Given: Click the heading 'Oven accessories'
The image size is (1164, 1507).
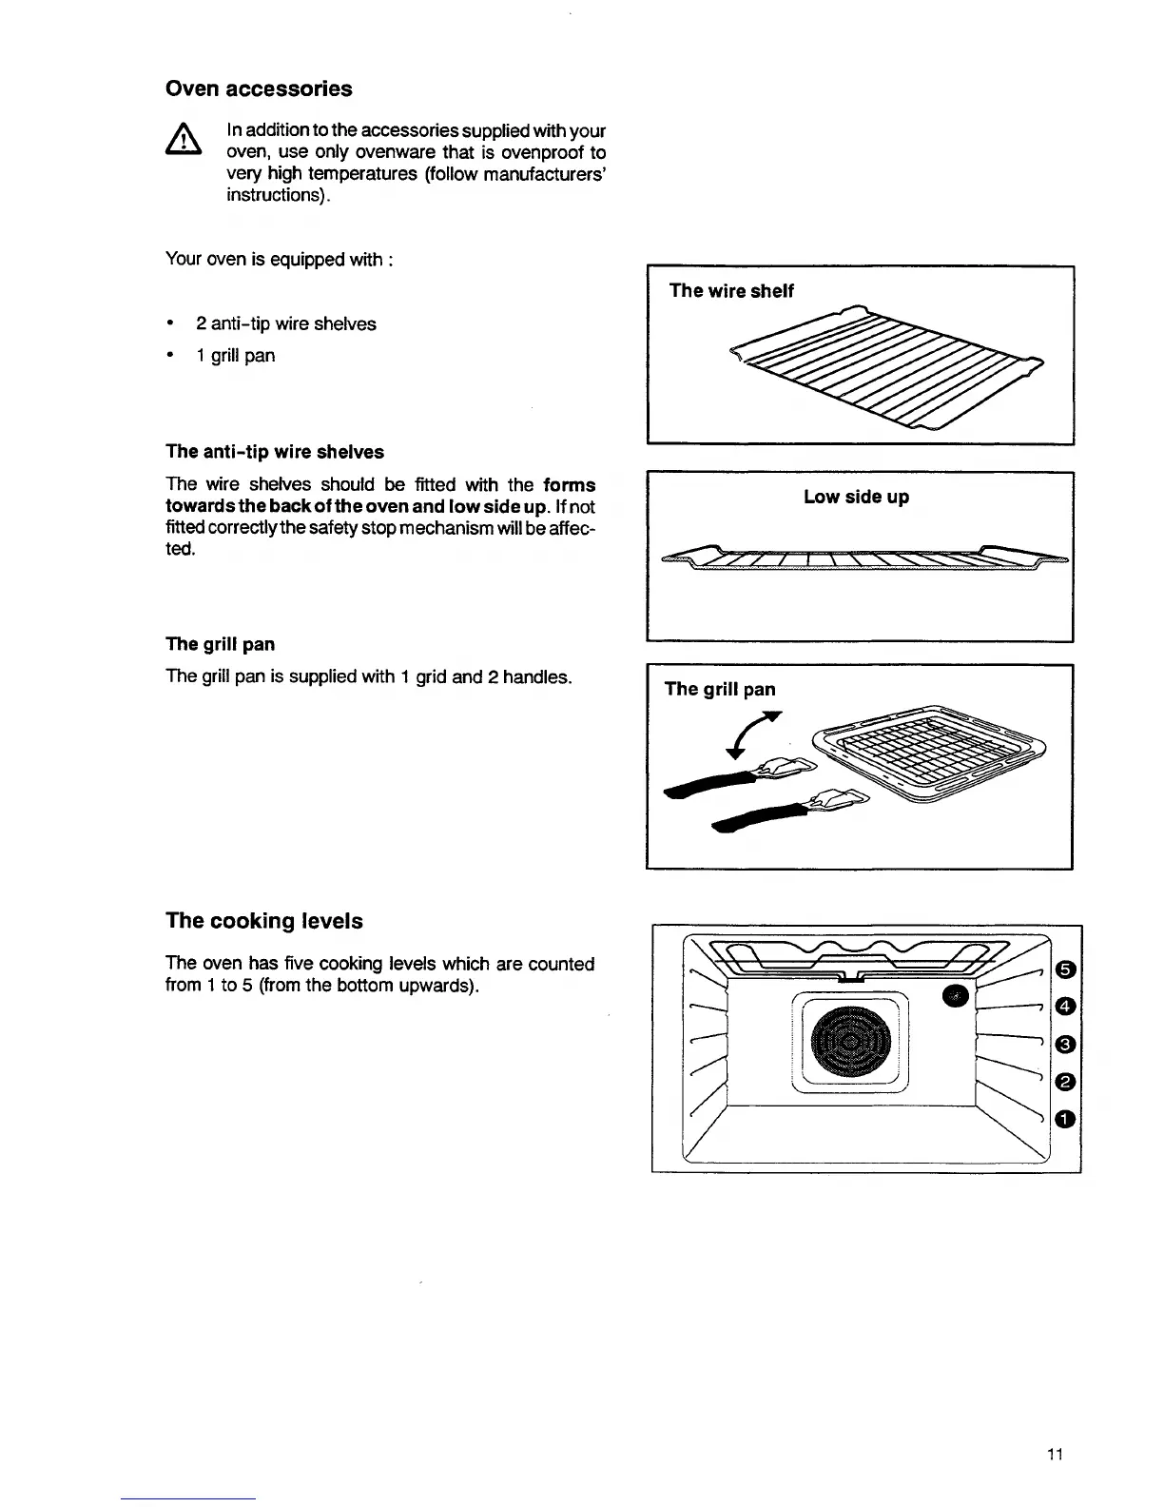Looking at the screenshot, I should click(259, 88).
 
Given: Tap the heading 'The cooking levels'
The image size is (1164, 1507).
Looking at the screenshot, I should click(263, 921).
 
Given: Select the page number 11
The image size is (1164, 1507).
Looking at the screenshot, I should click(1054, 1454).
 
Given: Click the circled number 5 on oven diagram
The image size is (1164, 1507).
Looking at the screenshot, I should click(1066, 969).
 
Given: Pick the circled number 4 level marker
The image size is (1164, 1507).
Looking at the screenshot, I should click(1066, 1006).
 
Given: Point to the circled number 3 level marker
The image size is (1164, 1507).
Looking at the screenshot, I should click(1066, 1045).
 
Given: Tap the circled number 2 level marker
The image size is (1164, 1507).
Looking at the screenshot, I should click(1066, 1081).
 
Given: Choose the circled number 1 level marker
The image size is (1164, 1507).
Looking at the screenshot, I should click(1066, 1118).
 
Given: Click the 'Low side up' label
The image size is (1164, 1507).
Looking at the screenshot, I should click(856, 497).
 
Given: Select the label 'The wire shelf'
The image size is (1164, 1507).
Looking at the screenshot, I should click(731, 291).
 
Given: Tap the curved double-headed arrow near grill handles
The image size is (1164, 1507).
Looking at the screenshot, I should click(751, 733).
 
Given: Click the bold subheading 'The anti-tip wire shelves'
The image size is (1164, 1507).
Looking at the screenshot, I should click(275, 451).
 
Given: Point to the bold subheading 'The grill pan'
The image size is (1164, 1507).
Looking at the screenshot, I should click(220, 644).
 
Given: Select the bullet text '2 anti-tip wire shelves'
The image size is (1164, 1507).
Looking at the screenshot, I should click(285, 323).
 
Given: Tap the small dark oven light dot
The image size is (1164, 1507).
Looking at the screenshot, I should click(955, 994).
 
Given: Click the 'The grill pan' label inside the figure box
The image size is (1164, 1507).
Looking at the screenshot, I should click(720, 689).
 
